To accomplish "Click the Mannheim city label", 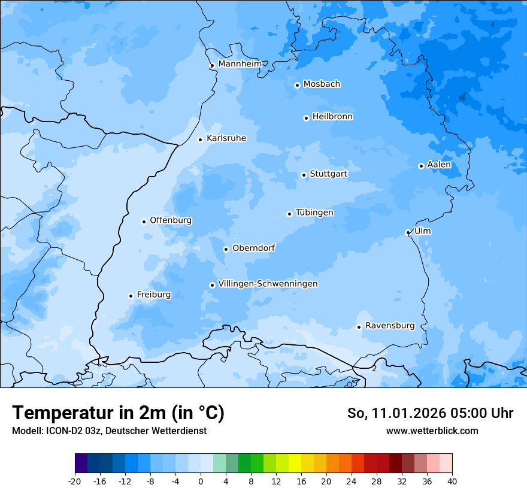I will pos(240,63).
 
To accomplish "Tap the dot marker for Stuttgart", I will pos(304,175).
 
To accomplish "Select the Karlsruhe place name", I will pos(226,138).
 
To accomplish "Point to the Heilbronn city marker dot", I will pos(306,118).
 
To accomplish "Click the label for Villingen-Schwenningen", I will pos(268,284).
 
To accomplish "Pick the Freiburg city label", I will pos(153,295).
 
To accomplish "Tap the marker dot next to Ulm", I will pos(408,232).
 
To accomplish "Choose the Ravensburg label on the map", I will pos(389,326).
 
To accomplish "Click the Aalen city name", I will pos(439,165).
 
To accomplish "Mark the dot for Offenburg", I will pos(144,222).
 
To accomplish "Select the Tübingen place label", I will pos(314,213).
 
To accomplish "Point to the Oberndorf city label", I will pos(253,248).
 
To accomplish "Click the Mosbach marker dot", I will pos(297,85).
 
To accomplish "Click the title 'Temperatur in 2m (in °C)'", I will pos(118,413).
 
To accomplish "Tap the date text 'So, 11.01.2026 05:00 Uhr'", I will pos(430,413).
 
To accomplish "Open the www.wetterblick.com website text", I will pos(432,431).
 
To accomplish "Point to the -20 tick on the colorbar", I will pos(75,481).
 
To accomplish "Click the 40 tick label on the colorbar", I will pos(452,481).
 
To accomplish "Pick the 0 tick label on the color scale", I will pos(201,481).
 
